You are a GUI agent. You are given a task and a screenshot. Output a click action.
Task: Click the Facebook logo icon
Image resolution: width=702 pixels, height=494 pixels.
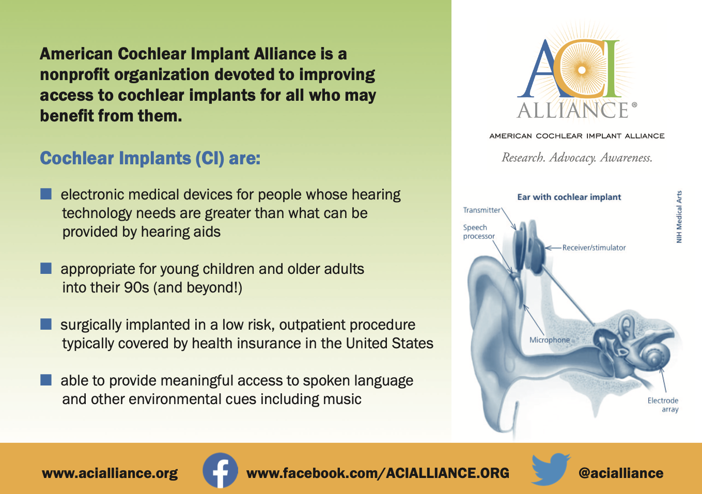pos(220,470)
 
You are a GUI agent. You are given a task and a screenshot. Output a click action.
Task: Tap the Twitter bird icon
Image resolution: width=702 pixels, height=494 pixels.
pos(551,469)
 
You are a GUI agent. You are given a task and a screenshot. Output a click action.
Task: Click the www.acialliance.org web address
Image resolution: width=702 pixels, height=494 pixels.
pos(110,473)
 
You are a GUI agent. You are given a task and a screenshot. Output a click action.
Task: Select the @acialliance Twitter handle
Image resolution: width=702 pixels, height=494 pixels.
pos(621,473)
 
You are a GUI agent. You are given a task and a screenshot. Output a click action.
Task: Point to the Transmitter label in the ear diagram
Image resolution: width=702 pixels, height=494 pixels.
pos(481,210)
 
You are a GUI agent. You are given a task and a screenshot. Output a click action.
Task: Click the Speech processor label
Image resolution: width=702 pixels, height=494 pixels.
pos(479,231)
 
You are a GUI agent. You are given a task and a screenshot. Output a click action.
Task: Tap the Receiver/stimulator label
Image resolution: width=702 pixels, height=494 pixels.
pos(594,248)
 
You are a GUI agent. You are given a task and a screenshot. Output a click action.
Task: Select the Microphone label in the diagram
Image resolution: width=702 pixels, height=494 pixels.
pos(550,340)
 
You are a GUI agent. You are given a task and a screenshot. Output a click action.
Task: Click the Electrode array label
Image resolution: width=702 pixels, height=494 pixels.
pos(663,405)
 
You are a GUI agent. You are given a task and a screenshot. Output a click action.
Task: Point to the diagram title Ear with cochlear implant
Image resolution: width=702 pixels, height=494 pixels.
pos(569,197)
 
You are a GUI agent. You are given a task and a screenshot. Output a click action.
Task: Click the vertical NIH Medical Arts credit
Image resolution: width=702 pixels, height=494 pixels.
pos(679,217)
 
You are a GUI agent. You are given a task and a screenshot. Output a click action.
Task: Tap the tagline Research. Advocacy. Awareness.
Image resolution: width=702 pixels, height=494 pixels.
pos(577,158)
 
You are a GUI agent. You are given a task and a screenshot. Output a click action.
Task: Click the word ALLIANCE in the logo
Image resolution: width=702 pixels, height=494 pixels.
pos(572,111)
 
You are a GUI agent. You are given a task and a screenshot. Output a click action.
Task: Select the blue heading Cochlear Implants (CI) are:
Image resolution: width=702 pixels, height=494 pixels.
pos(150,158)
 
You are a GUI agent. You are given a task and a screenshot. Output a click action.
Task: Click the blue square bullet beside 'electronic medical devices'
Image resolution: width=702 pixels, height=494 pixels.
pos(46,194)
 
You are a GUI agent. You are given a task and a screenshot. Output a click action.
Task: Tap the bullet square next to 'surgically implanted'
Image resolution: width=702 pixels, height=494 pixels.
pos(46,324)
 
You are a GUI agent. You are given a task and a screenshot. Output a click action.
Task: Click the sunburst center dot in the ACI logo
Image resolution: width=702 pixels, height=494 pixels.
pos(582,70)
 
